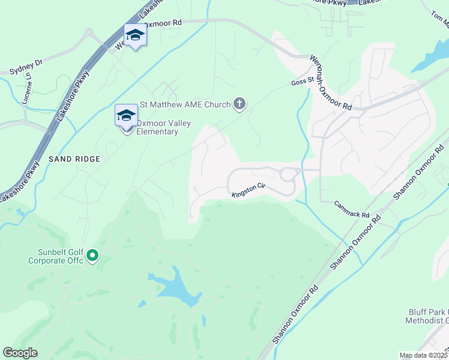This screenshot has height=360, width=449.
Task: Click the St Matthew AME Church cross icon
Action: tap(239, 104)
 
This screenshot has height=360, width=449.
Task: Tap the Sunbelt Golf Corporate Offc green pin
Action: tap(92, 256)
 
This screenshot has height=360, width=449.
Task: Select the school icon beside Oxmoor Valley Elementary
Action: tap(126, 115)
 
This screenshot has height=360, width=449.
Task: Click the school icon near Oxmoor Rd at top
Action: tap(135, 35)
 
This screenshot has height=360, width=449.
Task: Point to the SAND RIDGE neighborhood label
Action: tap(75, 159)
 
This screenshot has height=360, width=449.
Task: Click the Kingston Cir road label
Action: tap(249, 190)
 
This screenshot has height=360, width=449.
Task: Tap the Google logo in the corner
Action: tap(20, 352)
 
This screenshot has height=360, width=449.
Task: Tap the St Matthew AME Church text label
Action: tap(185, 104)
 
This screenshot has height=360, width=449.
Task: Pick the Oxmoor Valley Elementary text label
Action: tap(163, 127)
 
